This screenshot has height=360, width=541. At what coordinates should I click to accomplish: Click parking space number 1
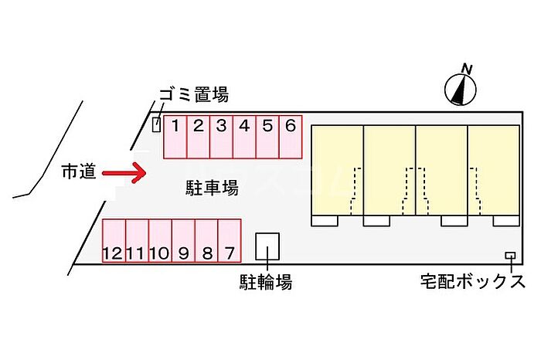(x=175, y=136)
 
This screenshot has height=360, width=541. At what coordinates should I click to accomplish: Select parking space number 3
(x=221, y=136)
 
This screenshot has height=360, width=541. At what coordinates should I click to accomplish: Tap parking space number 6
(x=290, y=136)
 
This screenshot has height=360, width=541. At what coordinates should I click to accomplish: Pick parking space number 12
(x=114, y=240)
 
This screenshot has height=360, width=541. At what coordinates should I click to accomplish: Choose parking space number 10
(x=160, y=240)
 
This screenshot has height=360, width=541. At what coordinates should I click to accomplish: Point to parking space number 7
(x=230, y=240)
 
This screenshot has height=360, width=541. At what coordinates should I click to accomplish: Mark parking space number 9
(x=183, y=240)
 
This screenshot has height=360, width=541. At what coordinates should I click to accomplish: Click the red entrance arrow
(x=124, y=173)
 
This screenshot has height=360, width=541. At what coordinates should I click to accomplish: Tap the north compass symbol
(x=461, y=91)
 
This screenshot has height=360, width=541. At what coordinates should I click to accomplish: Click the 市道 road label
(x=78, y=172)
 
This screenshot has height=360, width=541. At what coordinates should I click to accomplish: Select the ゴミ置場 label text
(x=194, y=95)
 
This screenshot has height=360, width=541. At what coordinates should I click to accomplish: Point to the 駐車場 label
(x=211, y=187)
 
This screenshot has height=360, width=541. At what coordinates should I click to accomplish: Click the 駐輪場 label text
(x=265, y=282)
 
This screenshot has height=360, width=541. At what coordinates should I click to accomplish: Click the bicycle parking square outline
(x=267, y=246)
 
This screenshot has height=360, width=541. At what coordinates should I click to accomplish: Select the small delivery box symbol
(x=510, y=256)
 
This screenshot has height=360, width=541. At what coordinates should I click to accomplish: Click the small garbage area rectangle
(x=156, y=124)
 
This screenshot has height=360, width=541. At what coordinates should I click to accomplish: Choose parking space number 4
(x=244, y=136)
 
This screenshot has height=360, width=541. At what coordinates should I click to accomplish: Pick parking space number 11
(x=137, y=240)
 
